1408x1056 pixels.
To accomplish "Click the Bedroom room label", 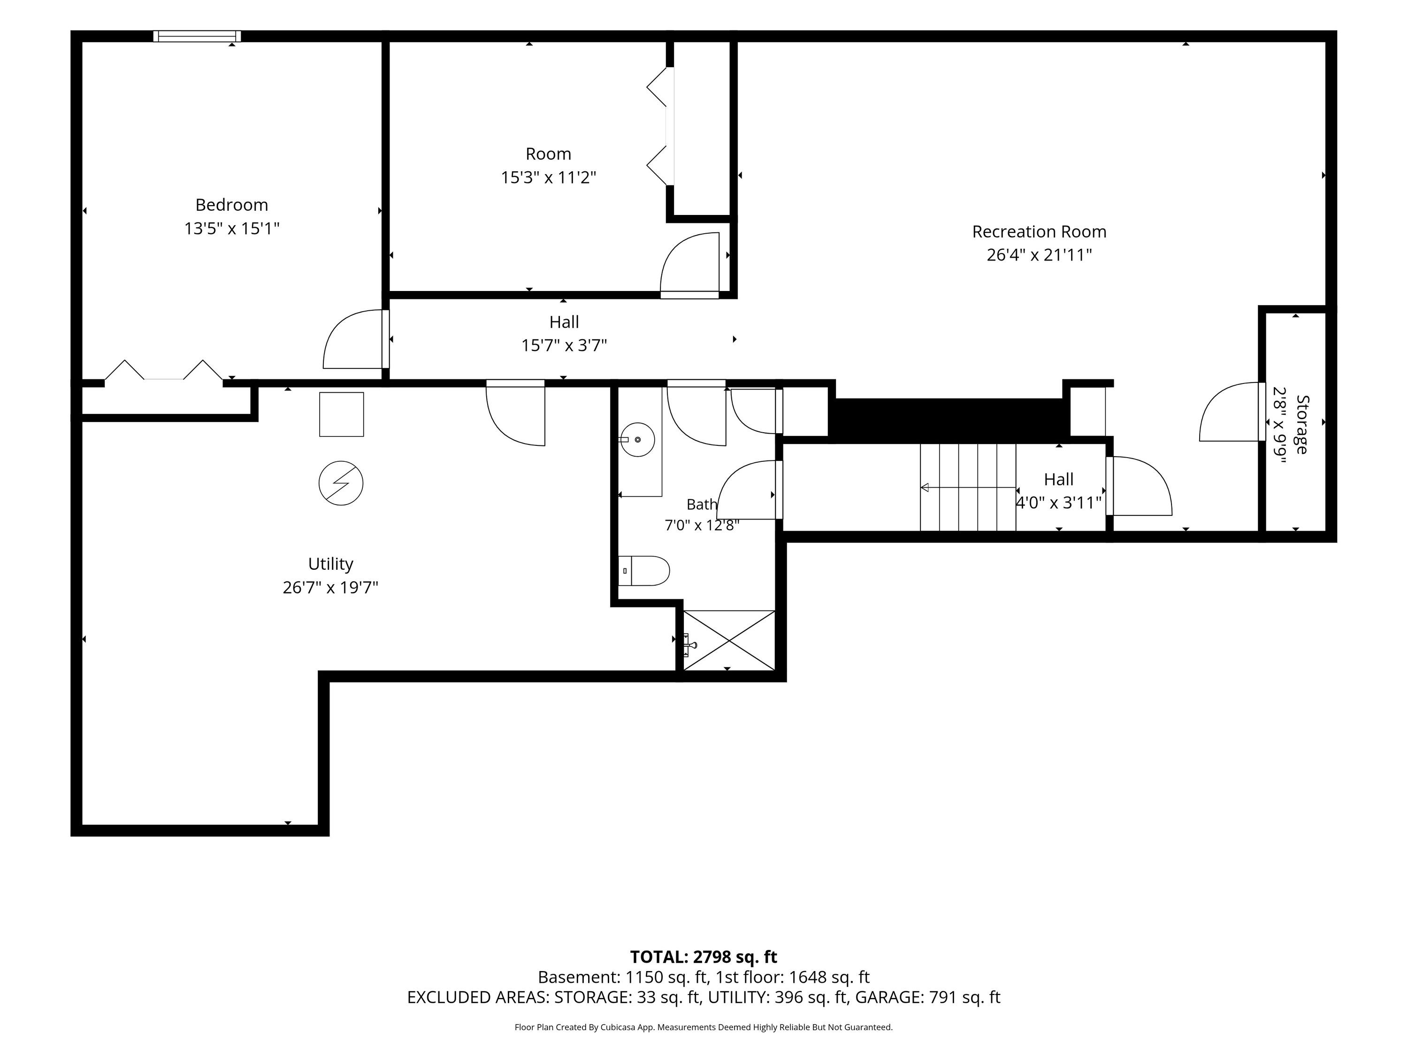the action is point(232,205).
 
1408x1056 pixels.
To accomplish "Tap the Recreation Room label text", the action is point(1039,232).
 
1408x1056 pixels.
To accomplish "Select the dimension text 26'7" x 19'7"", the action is point(330,587).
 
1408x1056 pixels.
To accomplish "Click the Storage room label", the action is point(1302,425).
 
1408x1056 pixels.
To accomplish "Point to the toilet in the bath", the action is point(643,571).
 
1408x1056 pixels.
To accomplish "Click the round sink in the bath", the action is point(637,440).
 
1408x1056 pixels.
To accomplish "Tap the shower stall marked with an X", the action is point(729,640).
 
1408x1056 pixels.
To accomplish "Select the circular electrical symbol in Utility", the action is point(341,483).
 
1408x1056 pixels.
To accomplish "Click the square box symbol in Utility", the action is point(341,414).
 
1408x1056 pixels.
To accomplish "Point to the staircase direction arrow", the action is point(967,488).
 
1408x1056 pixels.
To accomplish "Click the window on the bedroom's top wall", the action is point(197,36).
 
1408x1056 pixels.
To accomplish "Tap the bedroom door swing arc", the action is point(338,325).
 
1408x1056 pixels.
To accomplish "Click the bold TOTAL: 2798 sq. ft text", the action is point(704,957).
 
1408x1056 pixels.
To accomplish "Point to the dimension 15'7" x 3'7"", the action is point(564,345).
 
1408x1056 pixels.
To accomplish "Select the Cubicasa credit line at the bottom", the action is point(704,1027).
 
